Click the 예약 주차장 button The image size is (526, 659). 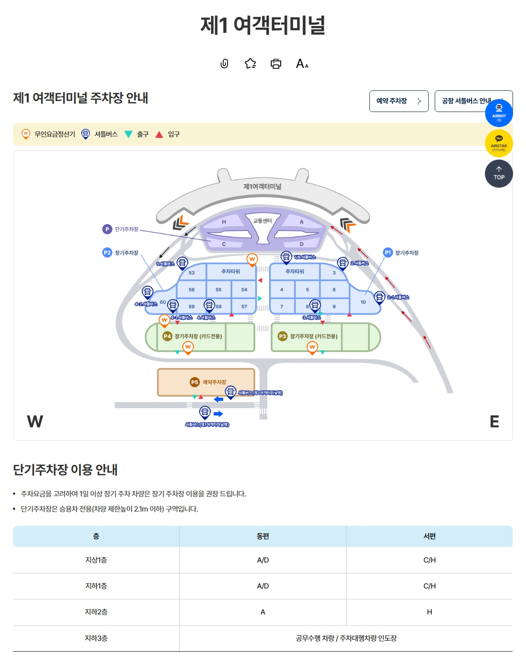[x=398, y=101]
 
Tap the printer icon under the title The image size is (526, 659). [x=276, y=64]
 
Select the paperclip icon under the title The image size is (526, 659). [x=224, y=64]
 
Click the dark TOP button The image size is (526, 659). [x=499, y=174]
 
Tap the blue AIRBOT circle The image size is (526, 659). [x=499, y=113]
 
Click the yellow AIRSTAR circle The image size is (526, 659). [x=499, y=144]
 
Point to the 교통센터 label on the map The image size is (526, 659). [x=262, y=221]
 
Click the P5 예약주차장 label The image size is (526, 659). [x=209, y=382]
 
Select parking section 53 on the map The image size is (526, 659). [x=192, y=273]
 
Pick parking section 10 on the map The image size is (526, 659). [x=363, y=302]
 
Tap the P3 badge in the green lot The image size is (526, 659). [x=282, y=336]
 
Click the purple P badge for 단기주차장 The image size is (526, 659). [x=107, y=229]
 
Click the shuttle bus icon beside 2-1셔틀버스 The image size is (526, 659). [x=379, y=297]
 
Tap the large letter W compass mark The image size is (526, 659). [x=35, y=421]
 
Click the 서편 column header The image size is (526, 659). [x=429, y=536]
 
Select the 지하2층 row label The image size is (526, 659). [x=96, y=612]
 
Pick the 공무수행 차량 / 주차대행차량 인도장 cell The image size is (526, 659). [x=346, y=638]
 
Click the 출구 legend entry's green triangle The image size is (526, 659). [x=128, y=134]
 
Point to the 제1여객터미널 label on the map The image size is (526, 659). [x=262, y=186]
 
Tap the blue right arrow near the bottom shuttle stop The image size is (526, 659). [x=218, y=414]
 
